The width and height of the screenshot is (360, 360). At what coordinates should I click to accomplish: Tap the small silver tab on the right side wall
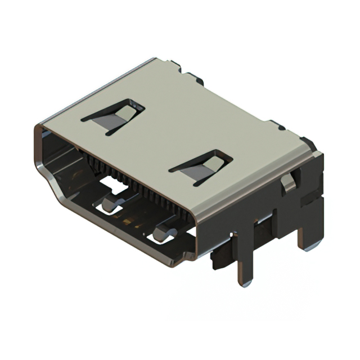click(287, 182)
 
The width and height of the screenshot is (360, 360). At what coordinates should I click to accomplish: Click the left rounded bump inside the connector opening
click(113, 203)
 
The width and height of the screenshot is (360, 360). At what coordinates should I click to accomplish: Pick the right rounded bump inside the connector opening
click(165, 231)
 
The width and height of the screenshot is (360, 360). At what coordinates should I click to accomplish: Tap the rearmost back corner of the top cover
click(155, 58)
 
